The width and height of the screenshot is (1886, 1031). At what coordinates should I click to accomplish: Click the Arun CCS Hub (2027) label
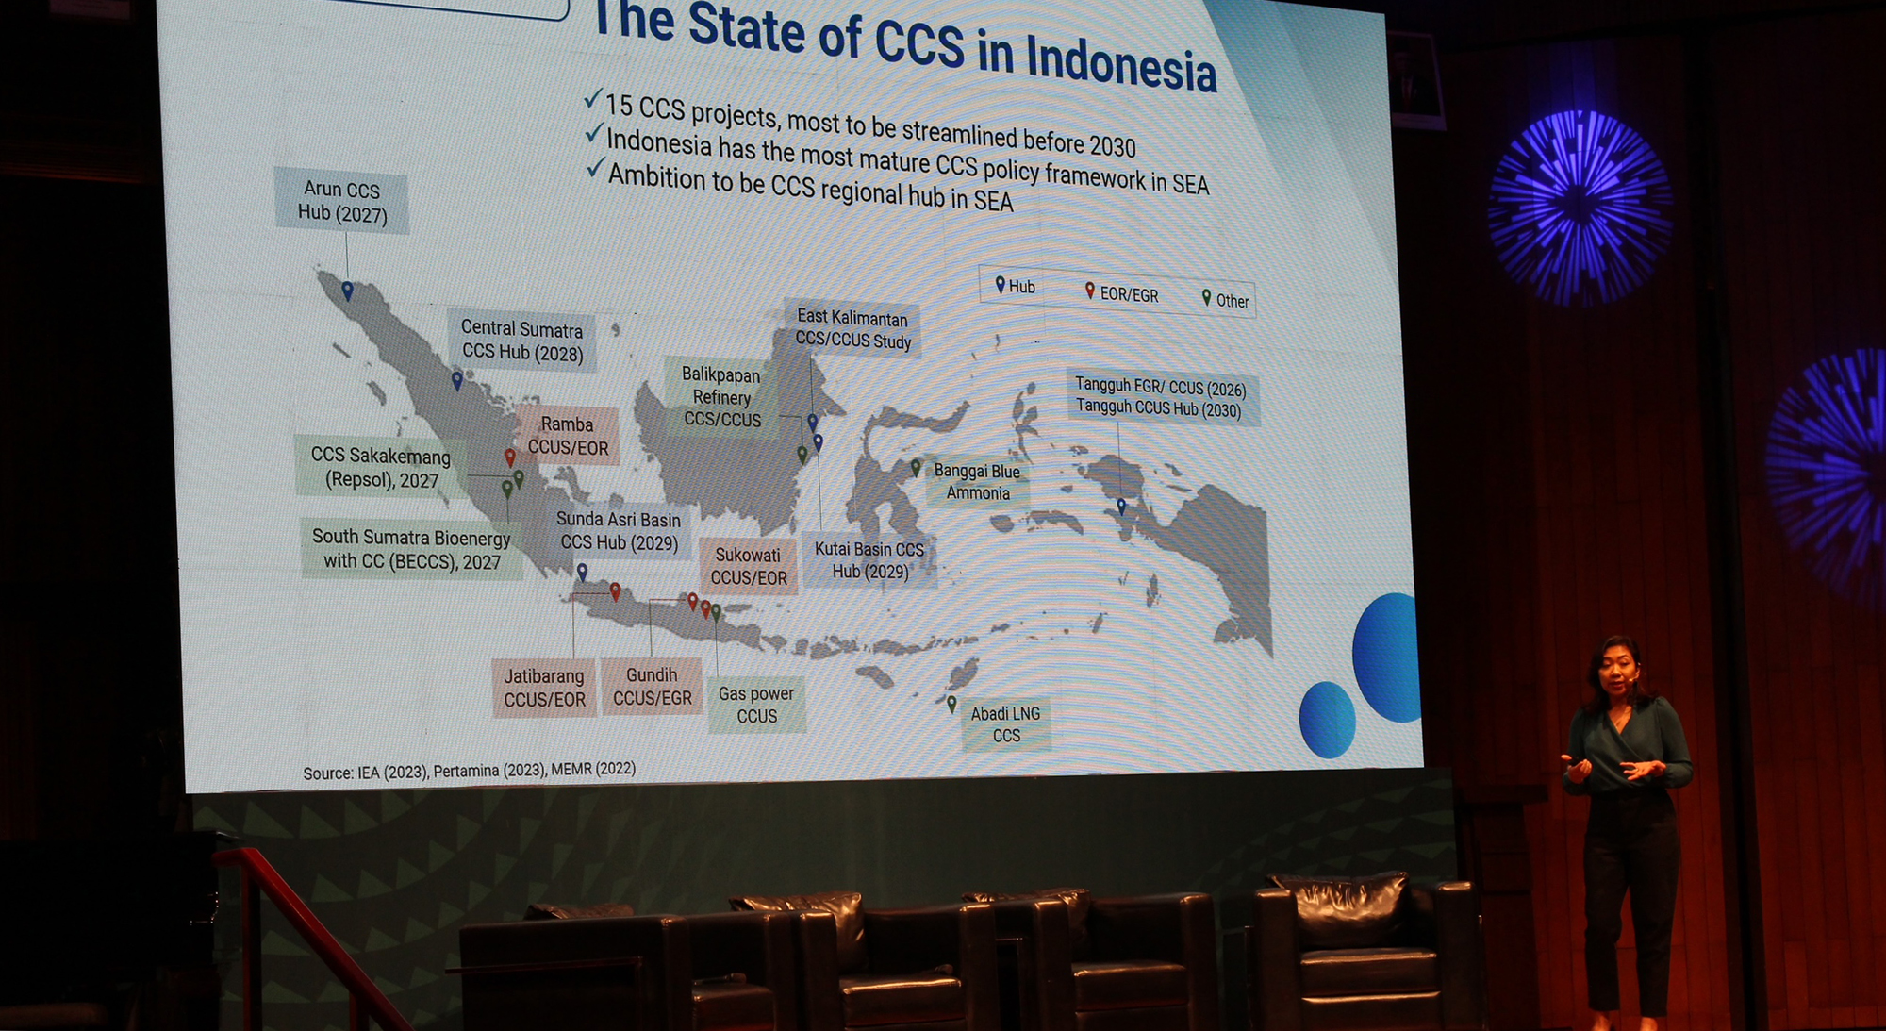point(342,201)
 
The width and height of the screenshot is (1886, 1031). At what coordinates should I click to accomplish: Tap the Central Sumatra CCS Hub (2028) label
point(521,341)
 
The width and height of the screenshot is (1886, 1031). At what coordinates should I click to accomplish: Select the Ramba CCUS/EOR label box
point(568,436)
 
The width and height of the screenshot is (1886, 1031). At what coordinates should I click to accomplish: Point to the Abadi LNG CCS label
point(1005,724)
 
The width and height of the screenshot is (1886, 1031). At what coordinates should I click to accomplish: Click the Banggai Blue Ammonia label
point(977,482)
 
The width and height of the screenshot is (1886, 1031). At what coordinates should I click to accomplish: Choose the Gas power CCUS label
point(756,705)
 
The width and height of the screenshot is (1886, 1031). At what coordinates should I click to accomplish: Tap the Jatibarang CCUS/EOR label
point(544,688)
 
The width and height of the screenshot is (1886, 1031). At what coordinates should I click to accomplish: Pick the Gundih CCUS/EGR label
point(653,687)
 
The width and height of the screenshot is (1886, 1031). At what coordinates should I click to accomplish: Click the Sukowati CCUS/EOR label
point(749,566)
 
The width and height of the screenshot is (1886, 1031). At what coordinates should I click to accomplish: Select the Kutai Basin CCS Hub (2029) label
point(869,560)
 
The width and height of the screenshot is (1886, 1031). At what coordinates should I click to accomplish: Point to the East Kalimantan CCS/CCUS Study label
point(852,329)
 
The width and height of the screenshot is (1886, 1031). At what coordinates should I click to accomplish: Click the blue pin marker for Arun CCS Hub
point(347,291)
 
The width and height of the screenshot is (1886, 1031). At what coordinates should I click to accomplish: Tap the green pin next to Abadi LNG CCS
point(951,704)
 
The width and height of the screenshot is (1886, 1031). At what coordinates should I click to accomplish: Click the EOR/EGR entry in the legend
point(1121,293)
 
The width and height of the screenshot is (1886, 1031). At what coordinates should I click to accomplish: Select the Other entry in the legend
point(1225,299)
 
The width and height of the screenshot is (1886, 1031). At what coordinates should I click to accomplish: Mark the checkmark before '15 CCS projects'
point(593,98)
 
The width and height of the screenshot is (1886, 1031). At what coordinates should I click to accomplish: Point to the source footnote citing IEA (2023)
point(469,771)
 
